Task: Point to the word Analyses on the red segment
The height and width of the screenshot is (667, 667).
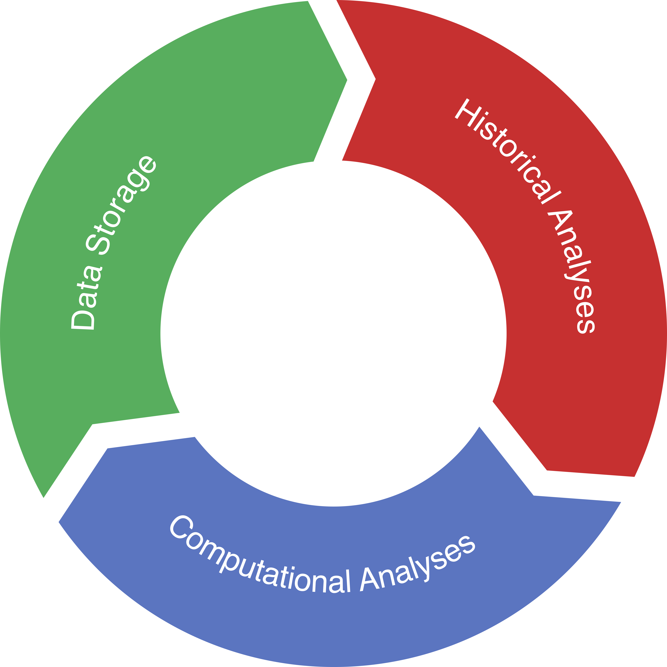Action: point(573,273)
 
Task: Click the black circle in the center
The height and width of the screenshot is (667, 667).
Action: point(333,333)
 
